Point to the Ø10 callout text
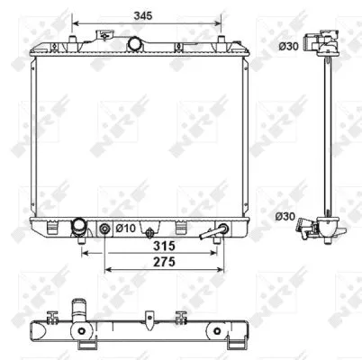point(124,229)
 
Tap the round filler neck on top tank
point(136,44)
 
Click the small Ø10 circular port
point(104,229)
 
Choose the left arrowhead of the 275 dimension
point(107,269)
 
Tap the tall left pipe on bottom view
point(77,314)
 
